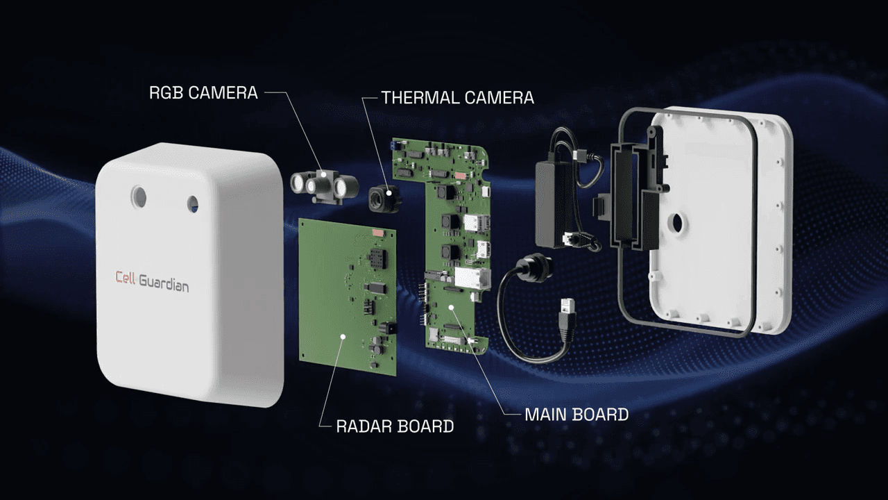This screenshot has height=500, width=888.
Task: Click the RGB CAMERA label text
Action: coord(203,93)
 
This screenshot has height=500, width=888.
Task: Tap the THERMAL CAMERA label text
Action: coord(458,98)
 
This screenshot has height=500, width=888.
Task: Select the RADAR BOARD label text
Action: coord(395,426)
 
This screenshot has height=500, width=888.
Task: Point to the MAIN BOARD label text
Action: coord(577,415)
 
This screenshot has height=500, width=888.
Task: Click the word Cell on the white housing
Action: coord(125,277)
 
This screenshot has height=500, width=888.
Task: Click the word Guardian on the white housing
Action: coord(164,283)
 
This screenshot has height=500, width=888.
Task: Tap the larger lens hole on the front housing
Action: coord(139,197)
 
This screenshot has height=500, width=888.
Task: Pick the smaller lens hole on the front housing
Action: coord(193,204)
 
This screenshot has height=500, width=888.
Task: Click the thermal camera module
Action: coord(384,199)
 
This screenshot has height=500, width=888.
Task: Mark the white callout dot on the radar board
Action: coord(343,337)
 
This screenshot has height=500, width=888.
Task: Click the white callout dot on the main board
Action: coord(451,307)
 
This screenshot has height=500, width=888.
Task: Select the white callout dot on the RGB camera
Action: coord(324,174)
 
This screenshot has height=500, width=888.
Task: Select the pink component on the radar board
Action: coord(377,233)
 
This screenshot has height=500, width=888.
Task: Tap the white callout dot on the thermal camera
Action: coord(390,193)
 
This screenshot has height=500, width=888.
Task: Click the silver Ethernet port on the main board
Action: coord(472,277)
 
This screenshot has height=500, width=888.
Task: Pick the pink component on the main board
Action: coord(460,175)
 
